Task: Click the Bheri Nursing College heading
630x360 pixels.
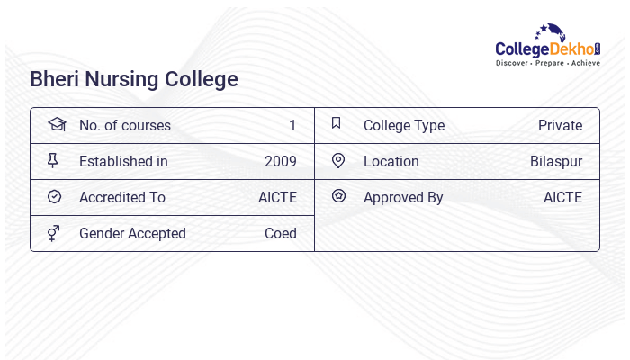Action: click(x=134, y=79)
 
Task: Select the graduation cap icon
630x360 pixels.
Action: click(x=56, y=124)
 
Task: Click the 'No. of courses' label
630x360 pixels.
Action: click(x=124, y=125)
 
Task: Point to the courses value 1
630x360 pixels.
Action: click(x=292, y=125)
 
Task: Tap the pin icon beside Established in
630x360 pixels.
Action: click(x=53, y=160)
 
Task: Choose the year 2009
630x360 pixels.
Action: click(x=280, y=161)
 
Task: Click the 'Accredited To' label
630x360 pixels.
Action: click(x=121, y=197)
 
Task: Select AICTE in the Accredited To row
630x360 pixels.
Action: click(x=277, y=197)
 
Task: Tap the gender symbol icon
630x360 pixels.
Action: click(x=53, y=233)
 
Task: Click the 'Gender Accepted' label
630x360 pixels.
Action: click(x=132, y=233)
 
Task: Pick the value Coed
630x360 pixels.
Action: click(x=280, y=233)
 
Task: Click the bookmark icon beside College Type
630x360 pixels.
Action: click(x=336, y=123)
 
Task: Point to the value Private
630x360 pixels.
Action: click(x=560, y=125)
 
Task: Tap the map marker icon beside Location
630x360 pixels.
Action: click(x=338, y=160)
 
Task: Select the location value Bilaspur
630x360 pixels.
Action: click(x=555, y=161)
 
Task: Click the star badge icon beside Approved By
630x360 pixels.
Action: click(x=338, y=195)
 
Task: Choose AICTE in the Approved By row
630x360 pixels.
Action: click(x=562, y=197)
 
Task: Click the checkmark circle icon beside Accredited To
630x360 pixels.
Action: click(x=54, y=196)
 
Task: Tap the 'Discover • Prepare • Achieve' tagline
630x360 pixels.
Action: click(x=547, y=64)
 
